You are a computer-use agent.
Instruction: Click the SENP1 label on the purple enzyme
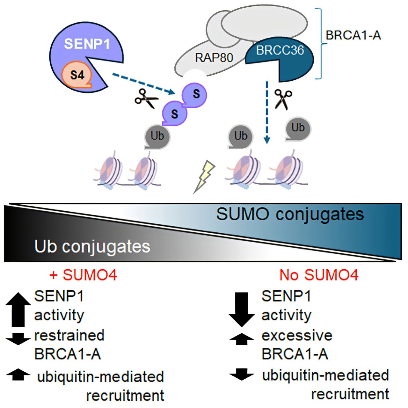(x=87, y=44)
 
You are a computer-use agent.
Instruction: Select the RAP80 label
(x=214, y=58)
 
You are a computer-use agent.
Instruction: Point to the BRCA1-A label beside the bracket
(x=353, y=35)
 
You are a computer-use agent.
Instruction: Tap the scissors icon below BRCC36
(x=283, y=98)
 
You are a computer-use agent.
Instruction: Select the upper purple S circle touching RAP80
(x=195, y=94)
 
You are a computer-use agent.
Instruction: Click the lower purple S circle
(x=174, y=114)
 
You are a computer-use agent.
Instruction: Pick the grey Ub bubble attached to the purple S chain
(x=157, y=136)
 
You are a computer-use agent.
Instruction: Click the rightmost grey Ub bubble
(x=298, y=128)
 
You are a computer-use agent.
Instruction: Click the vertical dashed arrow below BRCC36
(x=267, y=112)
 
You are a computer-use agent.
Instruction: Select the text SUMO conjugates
(x=290, y=214)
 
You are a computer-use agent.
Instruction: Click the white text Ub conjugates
(x=92, y=246)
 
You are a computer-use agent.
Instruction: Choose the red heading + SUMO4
(x=84, y=275)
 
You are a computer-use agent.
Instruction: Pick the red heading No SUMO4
(x=319, y=275)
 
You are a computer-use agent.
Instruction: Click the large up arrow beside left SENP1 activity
(x=18, y=309)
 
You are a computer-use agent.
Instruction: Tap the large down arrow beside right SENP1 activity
(x=242, y=309)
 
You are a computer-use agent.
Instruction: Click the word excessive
(x=297, y=335)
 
